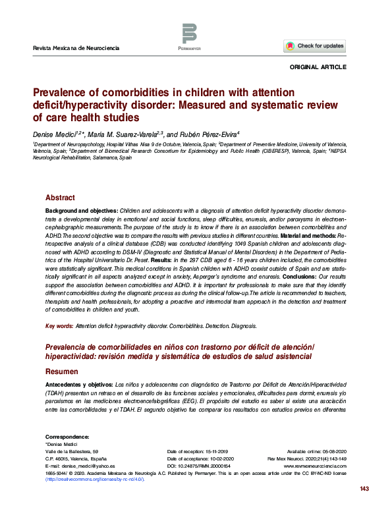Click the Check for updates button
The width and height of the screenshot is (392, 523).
pos(315,46)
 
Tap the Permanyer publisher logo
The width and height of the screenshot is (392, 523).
pos(189,36)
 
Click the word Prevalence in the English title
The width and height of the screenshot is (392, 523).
pos(61,92)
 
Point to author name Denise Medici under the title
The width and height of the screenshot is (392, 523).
pos(54,133)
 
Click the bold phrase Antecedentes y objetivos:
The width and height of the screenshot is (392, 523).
pos(78,383)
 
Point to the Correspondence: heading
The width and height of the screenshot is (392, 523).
pos(67,437)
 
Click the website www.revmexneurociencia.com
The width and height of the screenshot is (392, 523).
pos(318,465)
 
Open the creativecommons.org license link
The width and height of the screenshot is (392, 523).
pos(94,479)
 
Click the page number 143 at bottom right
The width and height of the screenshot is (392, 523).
pos(364,507)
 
